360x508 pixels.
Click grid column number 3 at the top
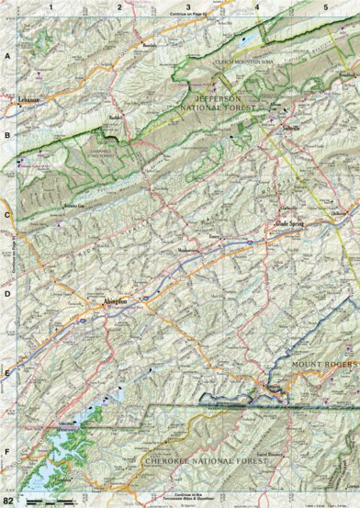pyautogui.click(x=188, y=7)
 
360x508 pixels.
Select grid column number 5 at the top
pyautogui.click(x=325, y=7)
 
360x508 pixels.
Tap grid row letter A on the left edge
pyautogui.click(x=8, y=55)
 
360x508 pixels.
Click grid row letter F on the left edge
pyautogui.click(x=8, y=452)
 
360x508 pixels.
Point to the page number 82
pyautogui.click(x=9, y=499)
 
